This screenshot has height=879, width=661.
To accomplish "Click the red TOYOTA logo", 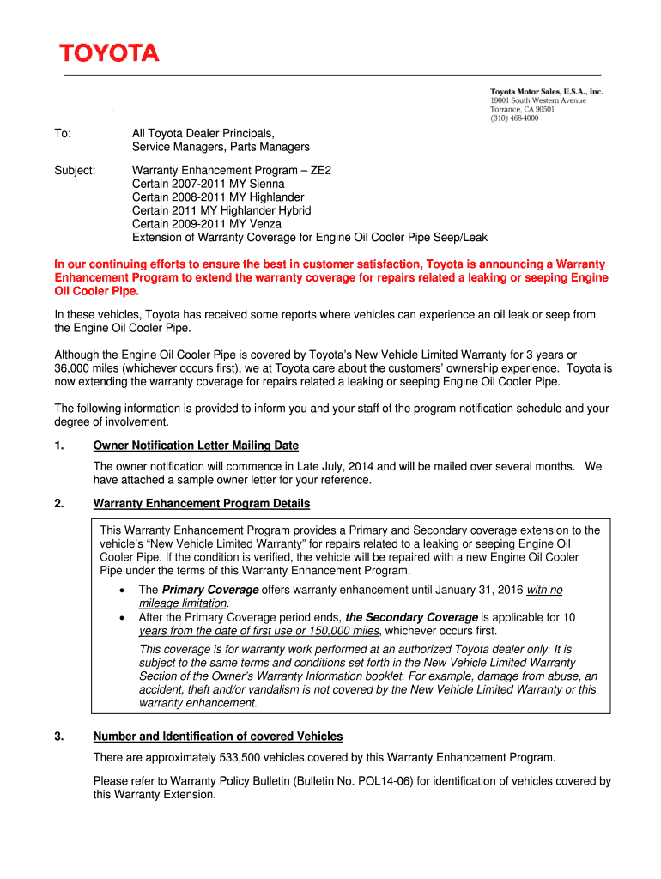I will pos(109,53).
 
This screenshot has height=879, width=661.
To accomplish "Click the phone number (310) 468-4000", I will pos(514,119).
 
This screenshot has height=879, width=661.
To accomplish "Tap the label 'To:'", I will pos(63,134).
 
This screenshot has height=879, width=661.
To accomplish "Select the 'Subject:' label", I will pos(75,170).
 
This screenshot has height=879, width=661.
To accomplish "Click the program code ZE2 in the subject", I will pos(320,170).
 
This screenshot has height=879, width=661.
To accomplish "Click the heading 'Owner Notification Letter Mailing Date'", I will pos(196,446).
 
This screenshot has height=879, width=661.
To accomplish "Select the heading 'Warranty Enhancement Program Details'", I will pos(202,503).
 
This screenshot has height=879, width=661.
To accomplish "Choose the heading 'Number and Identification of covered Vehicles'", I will pos(218,737).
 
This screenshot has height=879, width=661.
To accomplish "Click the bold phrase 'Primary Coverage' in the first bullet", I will pos(210,590).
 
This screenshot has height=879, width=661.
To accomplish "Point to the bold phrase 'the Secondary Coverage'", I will pos(411,617).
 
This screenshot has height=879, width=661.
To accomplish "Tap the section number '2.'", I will pos(59,503).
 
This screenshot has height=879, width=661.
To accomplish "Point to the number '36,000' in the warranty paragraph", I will pos(74,368).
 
